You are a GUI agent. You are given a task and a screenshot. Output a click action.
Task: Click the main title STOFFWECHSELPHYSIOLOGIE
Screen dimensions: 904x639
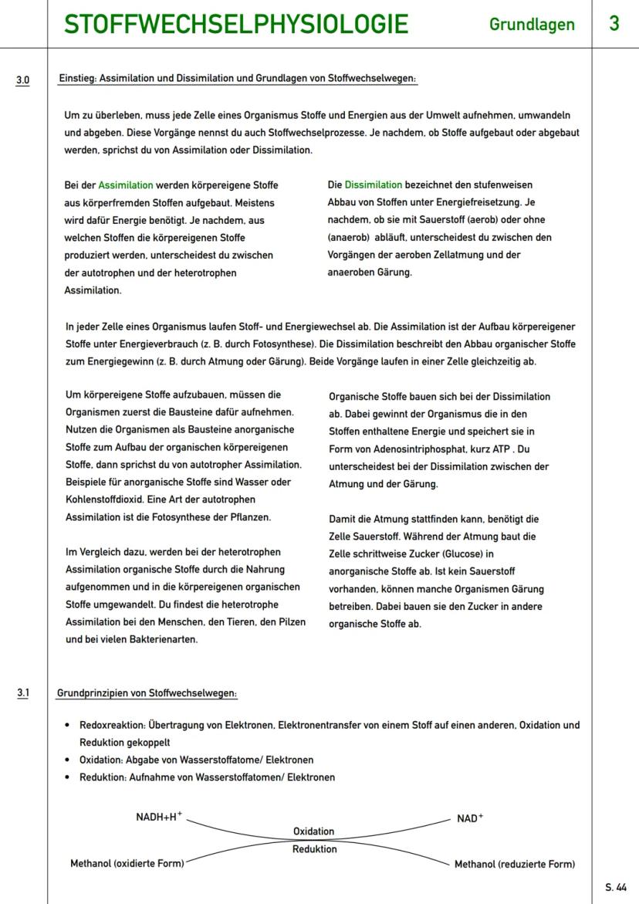click(x=236, y=25)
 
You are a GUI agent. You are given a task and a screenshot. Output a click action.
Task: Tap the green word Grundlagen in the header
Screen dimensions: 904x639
click(x=532, y=25)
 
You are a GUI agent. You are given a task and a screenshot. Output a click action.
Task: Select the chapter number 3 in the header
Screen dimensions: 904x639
click(x=614, y=24)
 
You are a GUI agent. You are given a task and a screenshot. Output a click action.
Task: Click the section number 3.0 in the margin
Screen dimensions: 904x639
click(x=23, y=79)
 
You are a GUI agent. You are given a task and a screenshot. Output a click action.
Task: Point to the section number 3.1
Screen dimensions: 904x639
click(x=23, y=693)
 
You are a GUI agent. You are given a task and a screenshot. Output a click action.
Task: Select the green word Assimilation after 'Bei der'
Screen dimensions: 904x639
click(x=126, y=185)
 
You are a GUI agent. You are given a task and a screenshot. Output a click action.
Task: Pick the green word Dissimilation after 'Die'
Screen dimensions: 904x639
click(x=374, y=185)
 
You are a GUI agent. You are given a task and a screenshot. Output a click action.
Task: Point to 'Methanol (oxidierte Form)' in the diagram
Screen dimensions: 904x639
click(x=127, y=864)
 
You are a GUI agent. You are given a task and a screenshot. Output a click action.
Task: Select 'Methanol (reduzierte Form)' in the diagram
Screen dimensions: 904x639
click(x=514, y=864)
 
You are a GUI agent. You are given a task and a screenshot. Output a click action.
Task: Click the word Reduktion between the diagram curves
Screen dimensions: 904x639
click(x=314, y=849)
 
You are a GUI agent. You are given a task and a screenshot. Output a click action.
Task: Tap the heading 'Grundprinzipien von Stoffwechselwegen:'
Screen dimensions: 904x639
click(x=147, y=693)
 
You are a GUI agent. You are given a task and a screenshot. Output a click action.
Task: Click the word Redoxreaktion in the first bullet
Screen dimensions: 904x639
click(x=111, y=726)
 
